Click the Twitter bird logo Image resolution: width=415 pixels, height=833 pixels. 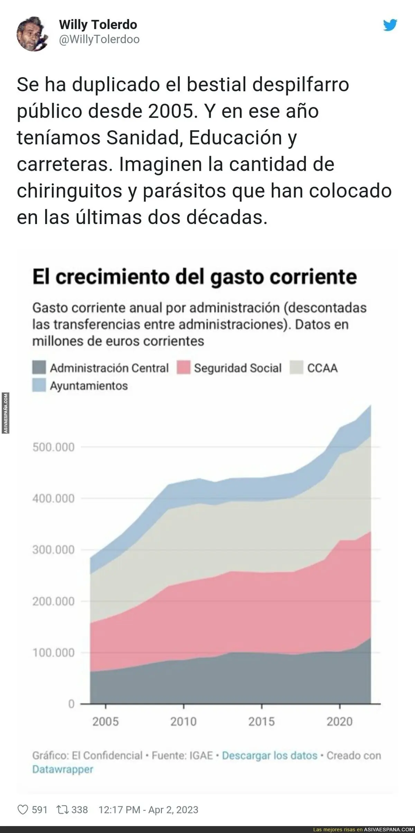point(390,25)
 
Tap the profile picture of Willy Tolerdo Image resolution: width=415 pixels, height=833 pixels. point(33,34)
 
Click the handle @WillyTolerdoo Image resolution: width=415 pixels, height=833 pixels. point(99,40)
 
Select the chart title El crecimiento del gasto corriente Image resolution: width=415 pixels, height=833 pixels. point(194,277)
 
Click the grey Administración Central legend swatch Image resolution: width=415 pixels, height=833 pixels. point(39,368)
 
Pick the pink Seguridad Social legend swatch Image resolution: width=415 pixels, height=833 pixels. point(183,368)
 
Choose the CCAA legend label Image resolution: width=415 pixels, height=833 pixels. point(322,368)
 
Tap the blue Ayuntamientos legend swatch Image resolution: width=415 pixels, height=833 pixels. point(39,385)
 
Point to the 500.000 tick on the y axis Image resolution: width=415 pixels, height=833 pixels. point(54,447)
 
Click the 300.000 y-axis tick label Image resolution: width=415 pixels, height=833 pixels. point(54,550)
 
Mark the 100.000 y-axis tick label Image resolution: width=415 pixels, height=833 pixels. point(54,652)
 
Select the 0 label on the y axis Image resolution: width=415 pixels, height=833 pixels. point(71,704)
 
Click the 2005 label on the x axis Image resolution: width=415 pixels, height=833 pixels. point(105,722)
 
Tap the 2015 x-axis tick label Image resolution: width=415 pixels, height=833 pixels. point(261,722)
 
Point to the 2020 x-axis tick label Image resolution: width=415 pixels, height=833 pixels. point(340,722)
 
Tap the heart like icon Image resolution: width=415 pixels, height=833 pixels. point(22,810)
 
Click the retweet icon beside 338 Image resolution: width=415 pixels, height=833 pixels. point(63,810)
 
